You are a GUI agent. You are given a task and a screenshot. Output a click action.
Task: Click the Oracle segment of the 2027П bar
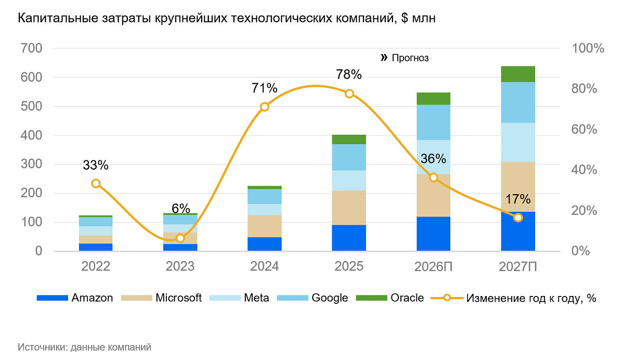[518, 74]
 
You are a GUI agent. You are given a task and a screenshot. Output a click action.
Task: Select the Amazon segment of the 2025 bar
[349, 238]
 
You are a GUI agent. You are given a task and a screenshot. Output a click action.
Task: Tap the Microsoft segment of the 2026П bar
[433, 195]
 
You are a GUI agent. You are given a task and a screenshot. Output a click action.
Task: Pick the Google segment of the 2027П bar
[518, 102]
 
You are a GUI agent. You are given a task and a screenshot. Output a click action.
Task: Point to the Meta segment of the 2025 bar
[349, 180]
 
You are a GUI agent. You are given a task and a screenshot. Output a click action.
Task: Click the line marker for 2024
[264, 107]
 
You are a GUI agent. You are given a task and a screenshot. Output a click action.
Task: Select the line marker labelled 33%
[96, 183]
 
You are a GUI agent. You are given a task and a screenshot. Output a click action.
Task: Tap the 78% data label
[348, 74]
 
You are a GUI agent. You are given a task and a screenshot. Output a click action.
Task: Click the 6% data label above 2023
[180, 208]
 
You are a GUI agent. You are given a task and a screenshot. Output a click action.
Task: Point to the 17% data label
[518, 199]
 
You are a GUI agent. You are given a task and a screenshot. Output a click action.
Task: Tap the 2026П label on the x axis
[433, 266]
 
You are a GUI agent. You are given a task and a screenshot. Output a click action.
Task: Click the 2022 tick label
[96, 266]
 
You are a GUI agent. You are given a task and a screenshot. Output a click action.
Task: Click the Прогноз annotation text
[410, 58]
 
